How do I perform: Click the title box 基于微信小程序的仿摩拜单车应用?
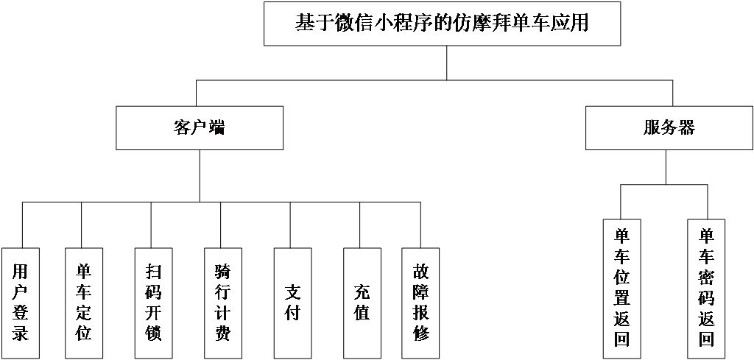442,24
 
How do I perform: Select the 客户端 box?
199,128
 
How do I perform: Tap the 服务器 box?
669,128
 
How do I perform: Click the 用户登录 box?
20,303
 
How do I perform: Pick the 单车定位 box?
84,303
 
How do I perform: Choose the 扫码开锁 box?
153,303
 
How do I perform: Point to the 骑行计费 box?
222,303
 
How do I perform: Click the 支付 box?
292,303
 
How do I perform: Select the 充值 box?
362,303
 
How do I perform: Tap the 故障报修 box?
420,303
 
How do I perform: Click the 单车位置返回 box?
621,288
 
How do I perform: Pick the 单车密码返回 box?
706,288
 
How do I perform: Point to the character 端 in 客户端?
216,128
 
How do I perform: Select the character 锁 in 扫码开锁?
153,333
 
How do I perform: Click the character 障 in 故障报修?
420,292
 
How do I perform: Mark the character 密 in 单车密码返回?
706,278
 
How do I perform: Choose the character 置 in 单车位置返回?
621,298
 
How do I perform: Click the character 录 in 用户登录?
20,333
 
